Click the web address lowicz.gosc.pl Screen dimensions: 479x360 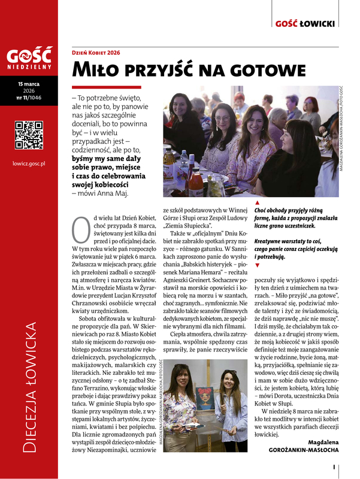29,163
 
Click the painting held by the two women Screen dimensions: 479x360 204,396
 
